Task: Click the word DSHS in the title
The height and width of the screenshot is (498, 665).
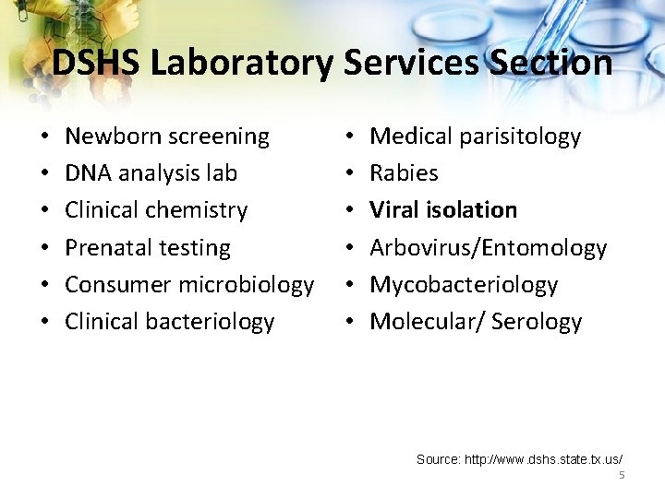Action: pos(96,63)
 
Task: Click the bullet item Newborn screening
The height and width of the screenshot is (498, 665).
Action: pos(167,136)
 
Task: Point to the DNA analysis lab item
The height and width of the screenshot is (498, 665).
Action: pos(151,173)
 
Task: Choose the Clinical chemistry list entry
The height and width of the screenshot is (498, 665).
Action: pos(156,210)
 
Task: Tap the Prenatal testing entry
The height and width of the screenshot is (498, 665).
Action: pos(148,247)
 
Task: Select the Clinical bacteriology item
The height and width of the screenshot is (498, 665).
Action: pos(169,321)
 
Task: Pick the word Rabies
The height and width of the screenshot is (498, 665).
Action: pos(404,173)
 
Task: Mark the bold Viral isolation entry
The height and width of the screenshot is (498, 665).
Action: pos(443,210)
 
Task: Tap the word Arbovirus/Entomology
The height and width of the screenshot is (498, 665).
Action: pos(488,247)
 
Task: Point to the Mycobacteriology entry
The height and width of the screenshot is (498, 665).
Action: pos(464,284)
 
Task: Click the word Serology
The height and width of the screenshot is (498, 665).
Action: pos(537,321)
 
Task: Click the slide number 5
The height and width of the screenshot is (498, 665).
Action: pos(622,474)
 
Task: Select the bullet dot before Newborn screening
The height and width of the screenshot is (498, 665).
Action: pos(45,136)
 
